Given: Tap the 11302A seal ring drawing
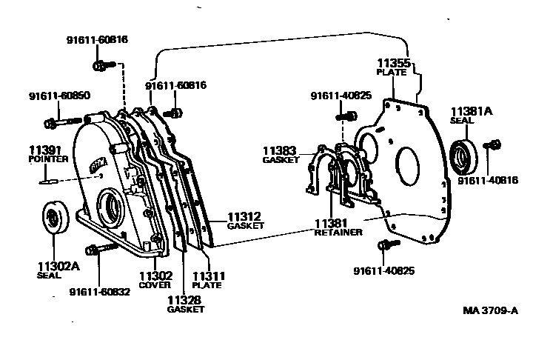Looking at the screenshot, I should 54,218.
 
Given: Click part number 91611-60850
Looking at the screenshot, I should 57,96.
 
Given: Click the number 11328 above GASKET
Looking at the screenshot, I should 184,299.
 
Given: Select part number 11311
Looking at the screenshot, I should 209,276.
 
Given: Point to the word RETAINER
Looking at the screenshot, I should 338,232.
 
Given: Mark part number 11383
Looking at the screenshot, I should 280,150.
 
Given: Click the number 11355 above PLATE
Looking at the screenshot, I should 393,64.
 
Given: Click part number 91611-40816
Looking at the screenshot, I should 484,180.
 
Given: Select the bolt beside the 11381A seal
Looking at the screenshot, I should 489,144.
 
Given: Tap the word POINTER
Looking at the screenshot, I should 48,159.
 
